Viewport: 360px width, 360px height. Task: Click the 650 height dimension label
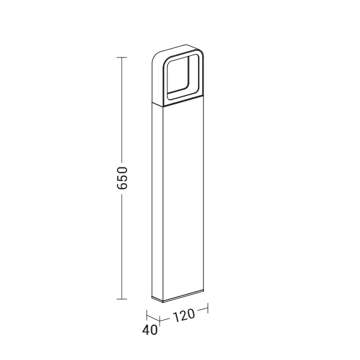[x=122, y=178]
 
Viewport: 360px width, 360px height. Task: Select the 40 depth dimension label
[x=149, y=330]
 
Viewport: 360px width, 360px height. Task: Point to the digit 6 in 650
[x=122, y=186]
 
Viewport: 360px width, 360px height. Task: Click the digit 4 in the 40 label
[x=146, y=330]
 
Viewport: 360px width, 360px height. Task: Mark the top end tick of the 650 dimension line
[x=122, y=57]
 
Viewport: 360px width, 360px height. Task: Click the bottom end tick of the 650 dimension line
[x=122, y=299]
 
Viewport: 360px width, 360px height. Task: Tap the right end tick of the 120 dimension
[x=208, y=308]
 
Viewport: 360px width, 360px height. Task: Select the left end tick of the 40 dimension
[x=147, y=315]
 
